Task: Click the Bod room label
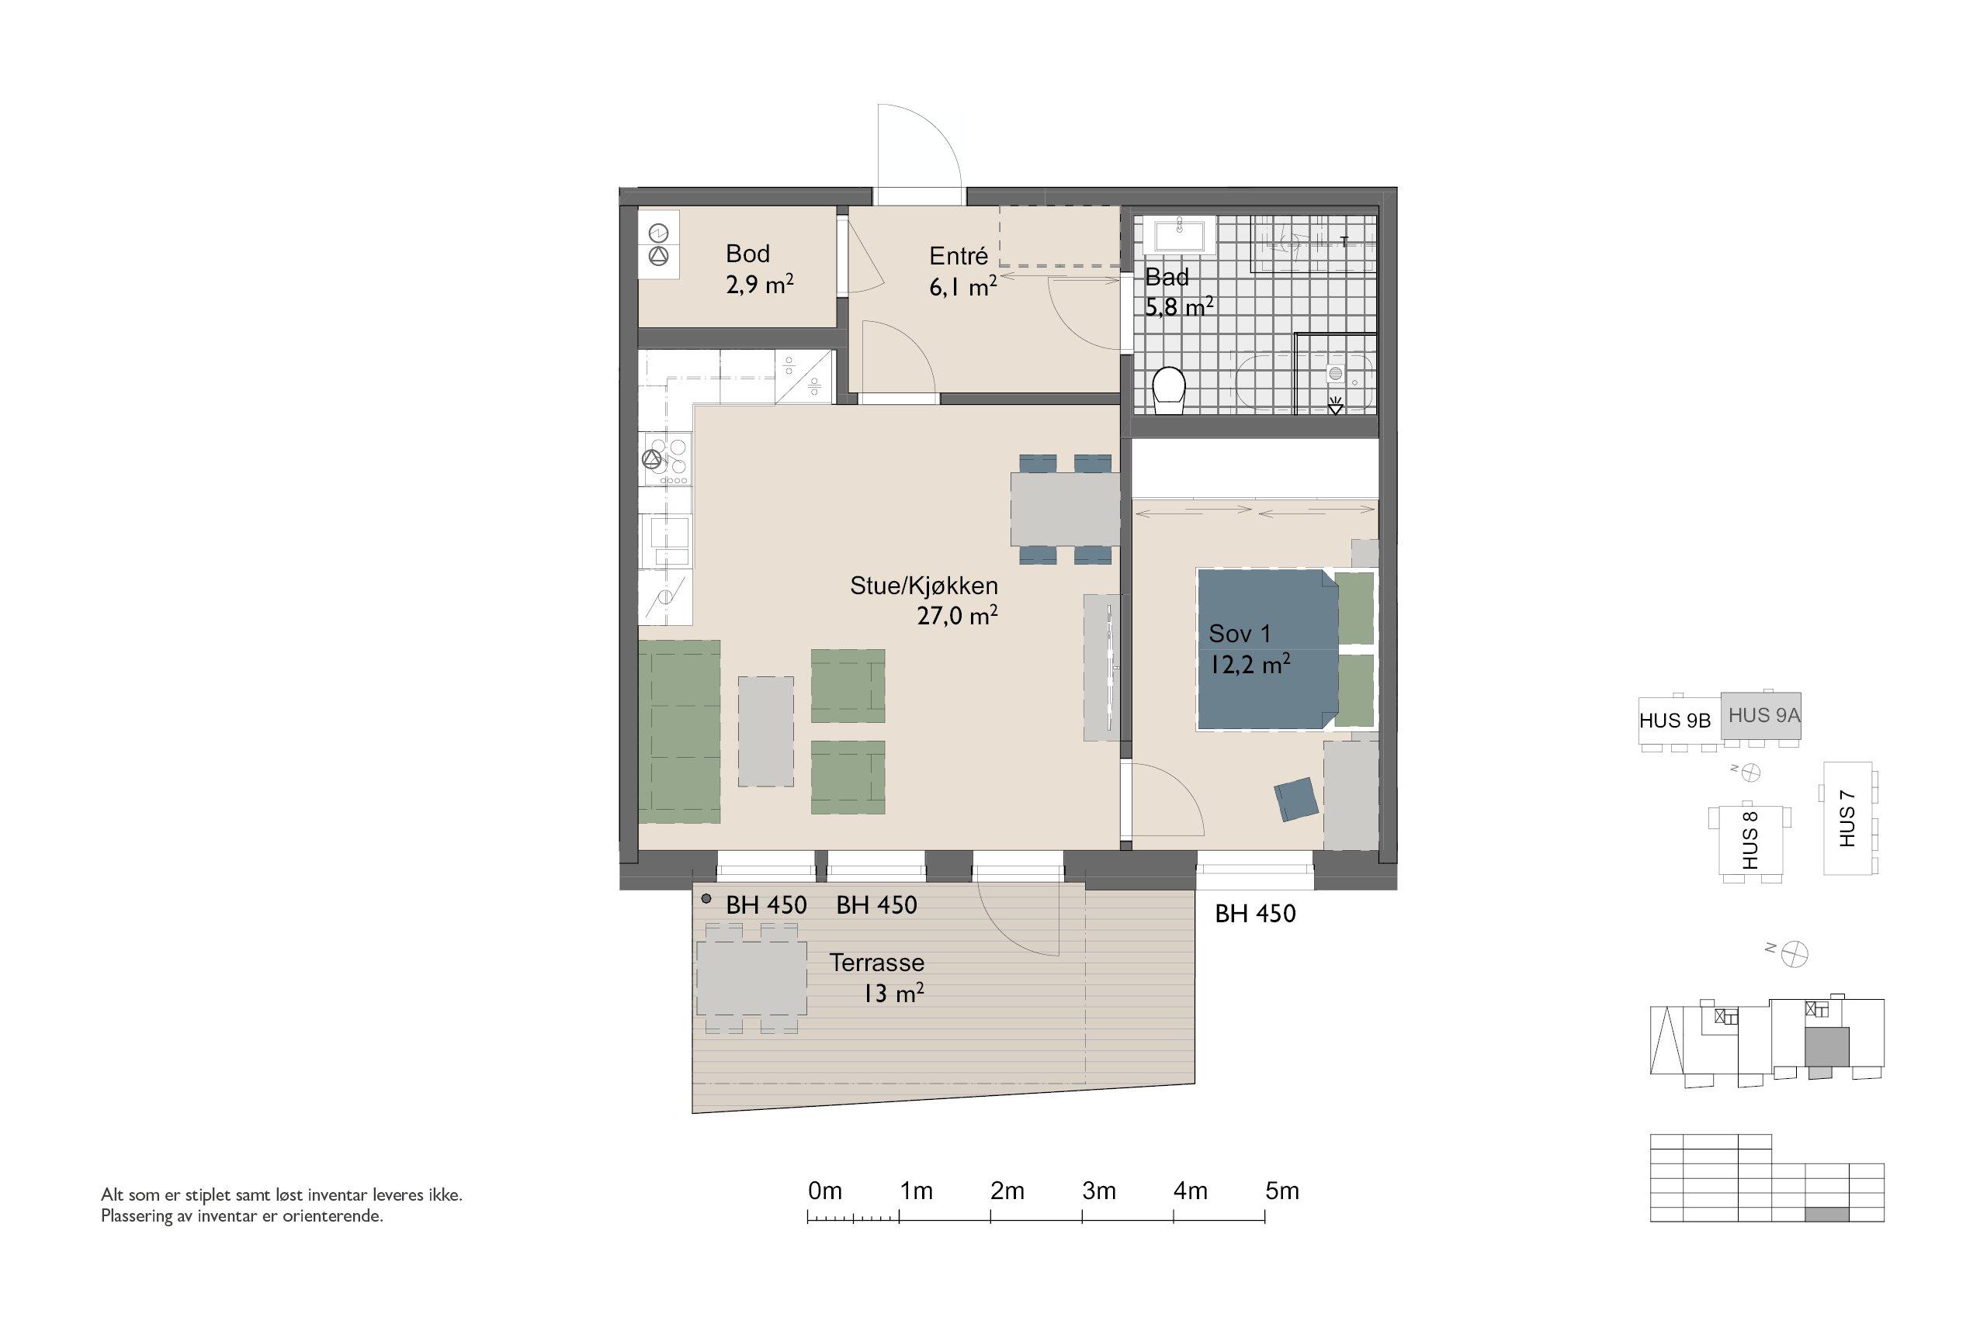tap(747, 254)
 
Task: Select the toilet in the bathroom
tap(1169, 391)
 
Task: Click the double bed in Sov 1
tap(1267, 648)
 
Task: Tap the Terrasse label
tap(877, 963)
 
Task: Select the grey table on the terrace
tap(751, 978)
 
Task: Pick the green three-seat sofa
tap(679, 731)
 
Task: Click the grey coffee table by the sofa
tap(766, 731)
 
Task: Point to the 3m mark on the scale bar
tap(1098, 1191)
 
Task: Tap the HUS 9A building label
tap(1763, 715)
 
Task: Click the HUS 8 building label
tap(1749, 839)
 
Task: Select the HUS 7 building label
tap(1847, 818)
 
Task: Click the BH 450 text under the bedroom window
tap(1254, 914)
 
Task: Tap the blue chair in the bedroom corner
tap(1296, 799)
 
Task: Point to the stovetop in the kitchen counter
tap(667, 459)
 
